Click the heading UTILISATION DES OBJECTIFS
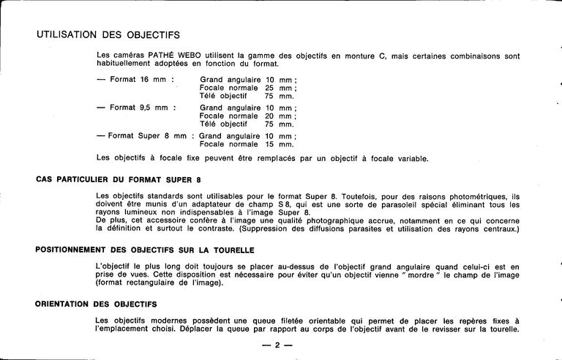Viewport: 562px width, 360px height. tap(108, 34)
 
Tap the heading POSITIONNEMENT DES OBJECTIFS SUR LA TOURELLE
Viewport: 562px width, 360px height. tap(145, 250)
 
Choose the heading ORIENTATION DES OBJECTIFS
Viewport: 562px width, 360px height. tap(96, 304)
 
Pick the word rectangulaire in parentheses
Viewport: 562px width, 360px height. tap(160, 284)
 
